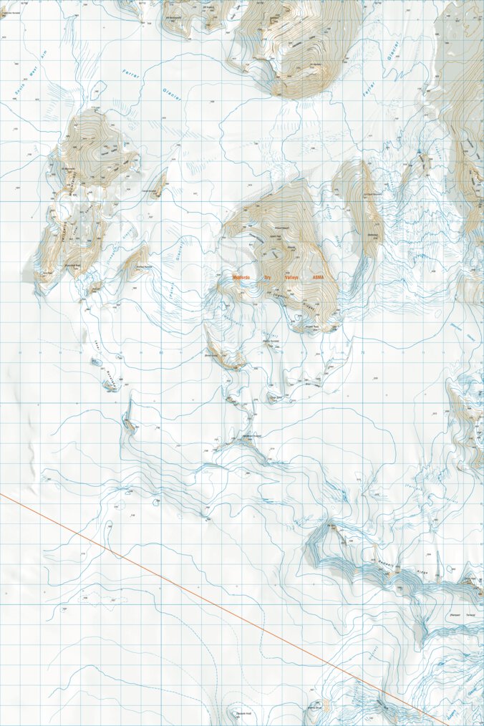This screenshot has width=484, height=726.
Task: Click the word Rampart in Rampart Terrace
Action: click(453, 614)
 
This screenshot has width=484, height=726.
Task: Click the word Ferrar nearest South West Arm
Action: click(130, 72)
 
